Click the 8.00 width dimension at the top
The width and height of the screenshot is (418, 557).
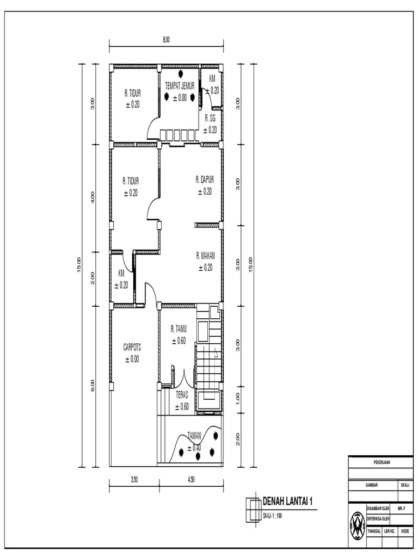click(166, 39)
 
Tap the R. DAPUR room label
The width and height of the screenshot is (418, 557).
click(205, 178)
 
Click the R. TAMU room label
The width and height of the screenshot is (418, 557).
click(179, 329)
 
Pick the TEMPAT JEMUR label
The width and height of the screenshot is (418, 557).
click(180, 85)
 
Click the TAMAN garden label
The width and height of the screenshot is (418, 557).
click(194, 435)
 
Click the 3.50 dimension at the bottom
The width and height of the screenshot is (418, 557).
click(134, 480)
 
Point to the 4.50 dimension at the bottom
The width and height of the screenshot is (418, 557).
click(190, 480)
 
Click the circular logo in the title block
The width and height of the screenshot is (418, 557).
click(357, 525)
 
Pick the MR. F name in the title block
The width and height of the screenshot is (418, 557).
click(402, 507)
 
